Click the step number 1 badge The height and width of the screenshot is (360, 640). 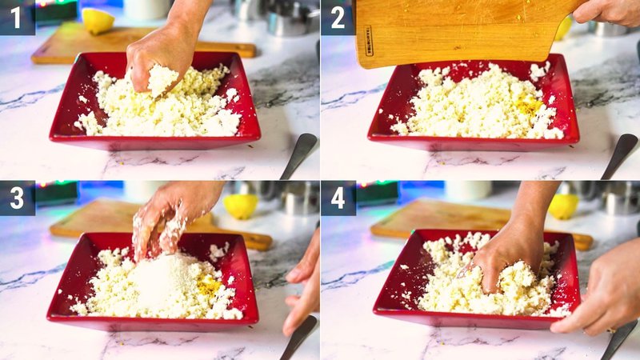tap(17, 17)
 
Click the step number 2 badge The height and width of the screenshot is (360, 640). tap(337, 17)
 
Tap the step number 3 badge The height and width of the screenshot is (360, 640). tap(17, 198)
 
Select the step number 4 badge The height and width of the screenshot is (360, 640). tap(337, 198)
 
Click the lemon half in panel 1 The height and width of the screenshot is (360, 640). tap(98, 21)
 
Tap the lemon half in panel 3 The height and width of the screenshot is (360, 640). tap(241, 206)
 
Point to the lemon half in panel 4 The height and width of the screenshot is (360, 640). tap(563, 206)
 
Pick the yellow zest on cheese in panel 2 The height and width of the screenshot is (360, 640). tap(528, 104)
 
